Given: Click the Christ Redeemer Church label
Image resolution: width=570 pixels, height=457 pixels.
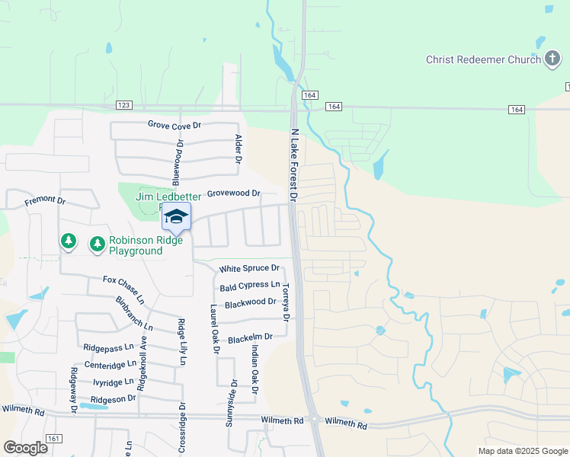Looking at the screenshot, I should tap(483, 59).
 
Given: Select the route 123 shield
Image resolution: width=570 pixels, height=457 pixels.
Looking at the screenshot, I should tap(124, 104).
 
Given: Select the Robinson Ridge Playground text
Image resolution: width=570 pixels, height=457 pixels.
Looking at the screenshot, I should tap(146, 244).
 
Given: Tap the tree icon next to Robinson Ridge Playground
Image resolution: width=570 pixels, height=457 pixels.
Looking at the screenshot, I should tap(97, 244).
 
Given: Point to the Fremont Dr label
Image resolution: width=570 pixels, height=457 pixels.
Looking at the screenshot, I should tap(45, 200).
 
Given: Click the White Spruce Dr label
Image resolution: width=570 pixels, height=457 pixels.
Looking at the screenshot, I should tap(249, 269).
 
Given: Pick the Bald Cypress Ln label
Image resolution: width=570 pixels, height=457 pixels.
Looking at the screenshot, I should tap(249, 286).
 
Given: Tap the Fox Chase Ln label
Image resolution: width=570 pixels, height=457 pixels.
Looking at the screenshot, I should tap(123, 286).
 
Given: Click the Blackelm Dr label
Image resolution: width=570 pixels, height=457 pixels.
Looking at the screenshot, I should tap(250, 337).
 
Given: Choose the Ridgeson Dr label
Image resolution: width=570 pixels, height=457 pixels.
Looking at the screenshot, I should tap(113, 398).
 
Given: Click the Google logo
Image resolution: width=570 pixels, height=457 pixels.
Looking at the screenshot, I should tap(24, 448).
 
